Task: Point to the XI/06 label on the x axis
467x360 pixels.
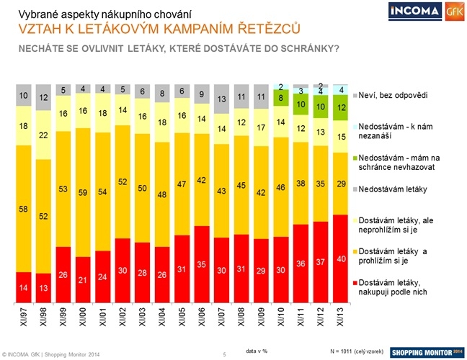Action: (x=203, y=315)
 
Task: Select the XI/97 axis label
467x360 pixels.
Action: (x=24, y=315)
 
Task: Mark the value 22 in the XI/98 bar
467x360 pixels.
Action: (x=43, y=134)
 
